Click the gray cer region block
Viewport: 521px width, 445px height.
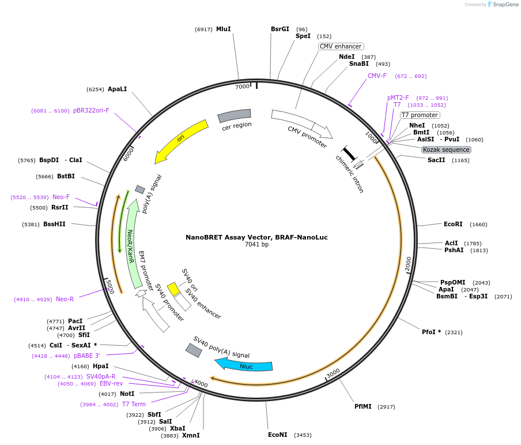234,115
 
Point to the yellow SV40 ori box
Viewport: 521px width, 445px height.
173,289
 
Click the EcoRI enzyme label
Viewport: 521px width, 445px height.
453,224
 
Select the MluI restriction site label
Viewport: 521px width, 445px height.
223,29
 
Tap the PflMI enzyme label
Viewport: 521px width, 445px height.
363,406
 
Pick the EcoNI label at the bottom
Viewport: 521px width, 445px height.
277,435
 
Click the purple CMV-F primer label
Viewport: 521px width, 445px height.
377,76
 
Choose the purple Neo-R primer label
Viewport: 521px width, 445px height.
65,299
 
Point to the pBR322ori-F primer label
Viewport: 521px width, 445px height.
91,110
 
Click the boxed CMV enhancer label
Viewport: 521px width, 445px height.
341,46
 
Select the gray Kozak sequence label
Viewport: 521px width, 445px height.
446,149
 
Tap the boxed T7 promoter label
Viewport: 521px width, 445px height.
420,115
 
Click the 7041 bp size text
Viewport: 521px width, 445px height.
256,244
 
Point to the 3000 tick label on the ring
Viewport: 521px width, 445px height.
333,373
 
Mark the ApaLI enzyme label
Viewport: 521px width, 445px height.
118,89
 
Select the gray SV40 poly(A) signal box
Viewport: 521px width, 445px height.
194,350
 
